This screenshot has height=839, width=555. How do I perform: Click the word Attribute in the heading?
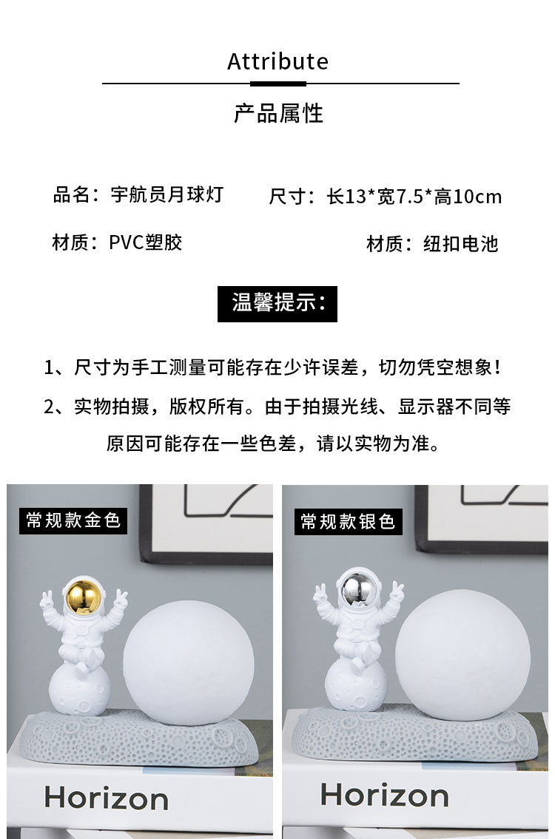pos(277,61)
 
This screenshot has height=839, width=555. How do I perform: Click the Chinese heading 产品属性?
pos(278,113)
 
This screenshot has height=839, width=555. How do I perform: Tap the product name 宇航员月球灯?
pos(166,195)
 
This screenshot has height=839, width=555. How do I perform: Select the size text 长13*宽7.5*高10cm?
pos(414,197)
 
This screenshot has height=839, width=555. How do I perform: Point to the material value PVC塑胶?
pos(146,242)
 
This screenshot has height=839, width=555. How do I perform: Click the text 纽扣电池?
pos(461,244)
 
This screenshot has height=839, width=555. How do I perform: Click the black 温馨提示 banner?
pos(277,304)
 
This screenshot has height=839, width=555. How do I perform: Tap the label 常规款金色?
pos(73,520)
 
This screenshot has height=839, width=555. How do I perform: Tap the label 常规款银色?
pos(348,521)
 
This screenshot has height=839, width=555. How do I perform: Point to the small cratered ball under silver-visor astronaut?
pos(354,682)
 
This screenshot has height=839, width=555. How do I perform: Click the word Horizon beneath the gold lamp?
pos(106,798)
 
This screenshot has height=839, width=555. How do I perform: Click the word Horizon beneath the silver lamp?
pos(384,795)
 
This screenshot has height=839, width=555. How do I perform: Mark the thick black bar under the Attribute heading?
pos(277,84)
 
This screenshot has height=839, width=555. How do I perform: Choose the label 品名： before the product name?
pos(78,195)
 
